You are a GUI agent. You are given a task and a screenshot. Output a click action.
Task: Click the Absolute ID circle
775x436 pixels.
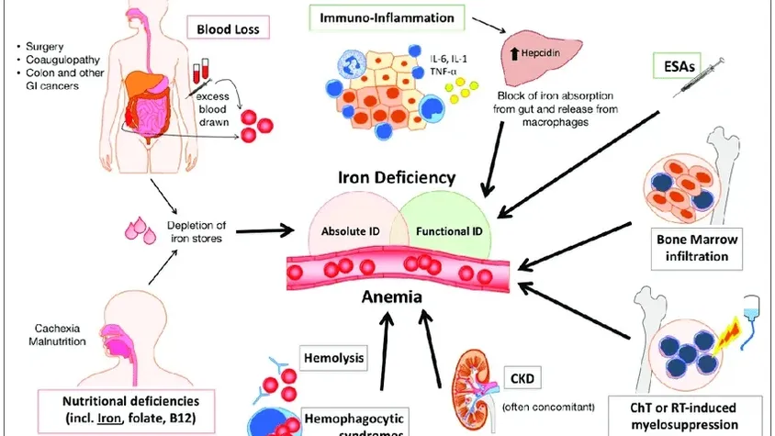coord(346,227)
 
